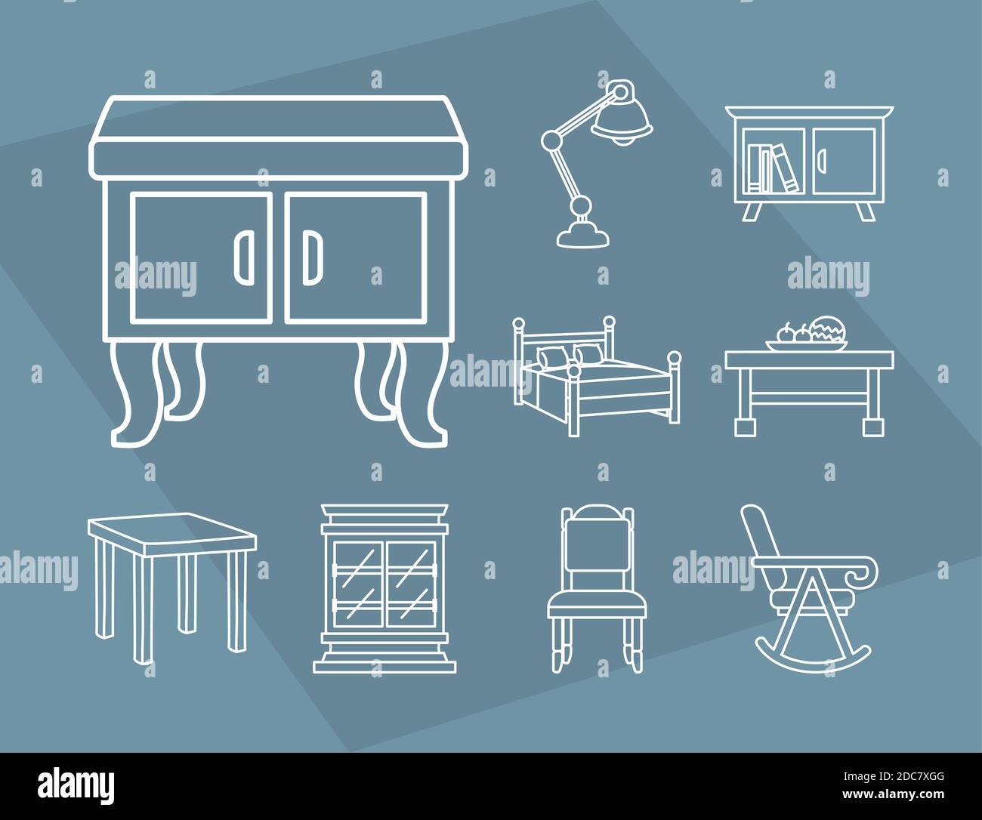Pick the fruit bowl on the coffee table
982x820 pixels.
pos(807,338)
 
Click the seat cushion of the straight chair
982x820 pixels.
pos(596,602)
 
